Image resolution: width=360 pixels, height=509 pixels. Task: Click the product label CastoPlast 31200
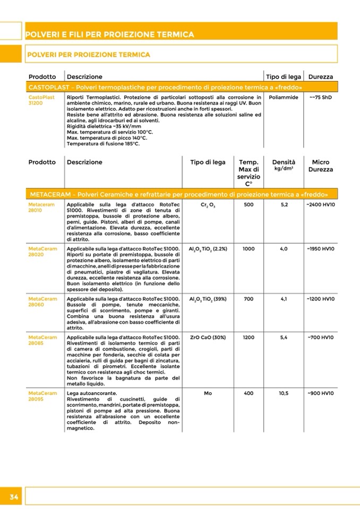41,100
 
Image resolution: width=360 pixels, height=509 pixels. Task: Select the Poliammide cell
284,98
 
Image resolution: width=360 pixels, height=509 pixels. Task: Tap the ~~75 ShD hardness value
320,98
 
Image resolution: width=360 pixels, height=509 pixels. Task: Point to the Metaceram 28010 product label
42,207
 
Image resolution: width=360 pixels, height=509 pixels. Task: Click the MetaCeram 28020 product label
42,251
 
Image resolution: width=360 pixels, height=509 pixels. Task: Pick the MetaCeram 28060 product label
42,301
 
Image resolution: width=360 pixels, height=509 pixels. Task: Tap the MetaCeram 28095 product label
42,396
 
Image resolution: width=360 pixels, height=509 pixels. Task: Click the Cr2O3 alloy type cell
208,205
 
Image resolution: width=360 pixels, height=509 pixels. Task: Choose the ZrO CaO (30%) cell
208,337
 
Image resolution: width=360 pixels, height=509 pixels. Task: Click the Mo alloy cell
208,393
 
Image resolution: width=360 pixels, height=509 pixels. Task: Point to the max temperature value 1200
248,337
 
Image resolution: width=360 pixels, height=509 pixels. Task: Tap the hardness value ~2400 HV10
320,204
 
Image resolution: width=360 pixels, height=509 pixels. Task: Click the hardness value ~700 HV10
320,337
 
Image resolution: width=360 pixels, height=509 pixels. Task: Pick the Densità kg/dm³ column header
284,165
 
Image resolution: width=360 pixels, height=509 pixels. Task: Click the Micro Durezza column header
320,166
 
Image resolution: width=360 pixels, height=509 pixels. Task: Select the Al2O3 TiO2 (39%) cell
208,299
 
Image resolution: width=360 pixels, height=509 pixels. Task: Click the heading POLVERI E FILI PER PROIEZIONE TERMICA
110,35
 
